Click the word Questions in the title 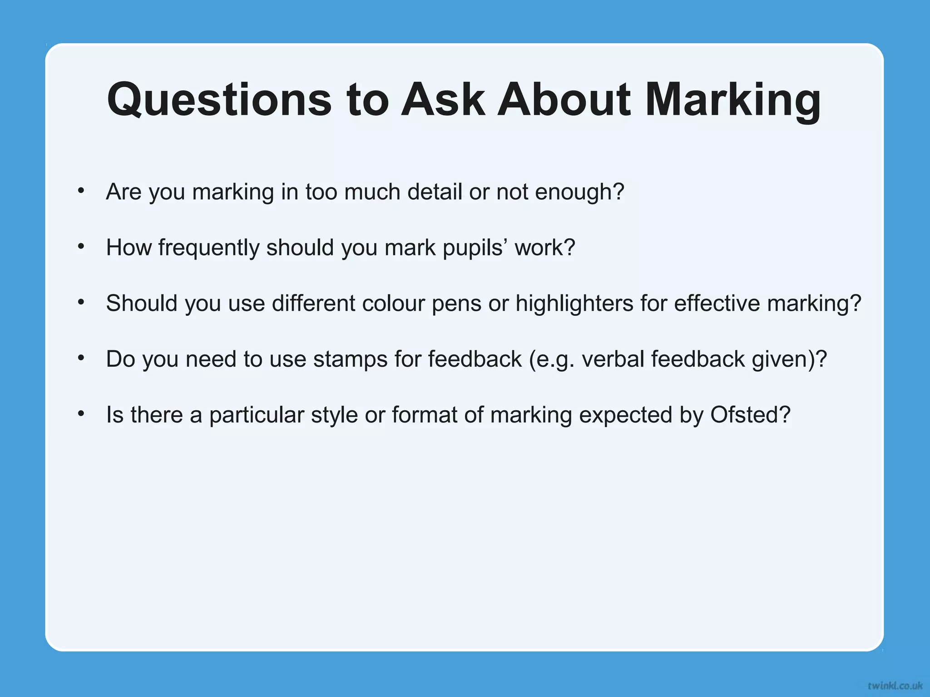point(219,100)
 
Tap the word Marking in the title point(732,100)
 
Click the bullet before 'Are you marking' point(81,191)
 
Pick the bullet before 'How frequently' point(81,246)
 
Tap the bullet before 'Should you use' point(81,302)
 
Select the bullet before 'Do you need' point(81,358)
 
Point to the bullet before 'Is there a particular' point(81,413)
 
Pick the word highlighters point(574,304)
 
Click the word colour point(393,304)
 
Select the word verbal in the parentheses point(613,359)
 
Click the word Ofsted point(750,415)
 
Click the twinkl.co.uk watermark point(895,685)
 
